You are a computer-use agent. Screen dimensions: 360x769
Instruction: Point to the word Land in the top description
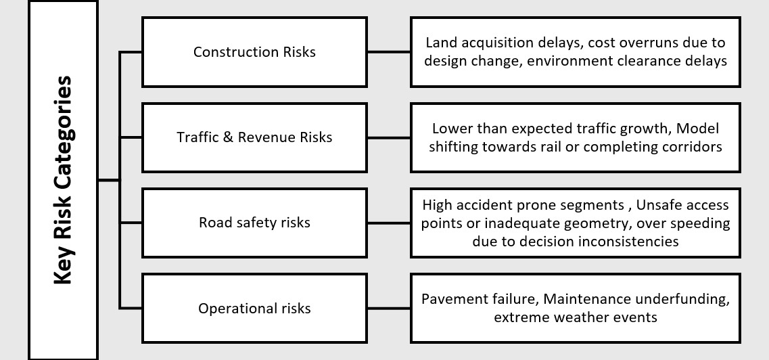coord(440,43)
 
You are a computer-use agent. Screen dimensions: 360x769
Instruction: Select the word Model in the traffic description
coord(698,128)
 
